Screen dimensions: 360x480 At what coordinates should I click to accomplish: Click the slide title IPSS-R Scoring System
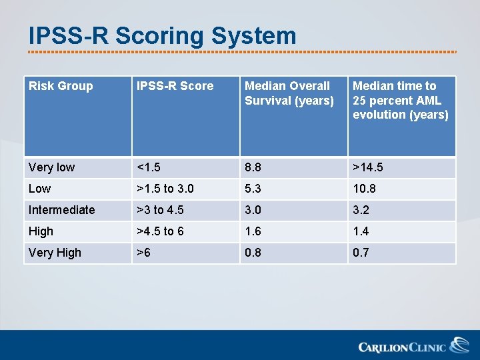coord(162,36)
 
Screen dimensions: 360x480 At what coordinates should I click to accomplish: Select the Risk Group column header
coord(61,86)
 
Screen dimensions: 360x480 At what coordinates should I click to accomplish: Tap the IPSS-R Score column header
coord(175,86)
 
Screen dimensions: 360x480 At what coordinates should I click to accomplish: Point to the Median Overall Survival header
coord(289,93)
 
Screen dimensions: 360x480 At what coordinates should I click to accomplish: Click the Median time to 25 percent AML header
coord(400,100)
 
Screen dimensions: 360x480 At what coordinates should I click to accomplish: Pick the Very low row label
coord(51,167)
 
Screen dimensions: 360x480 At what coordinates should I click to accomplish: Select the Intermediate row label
coord(61,210)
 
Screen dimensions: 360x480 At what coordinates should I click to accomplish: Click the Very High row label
coord(55,253)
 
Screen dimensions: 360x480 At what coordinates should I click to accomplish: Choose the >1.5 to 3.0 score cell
coord(165,189)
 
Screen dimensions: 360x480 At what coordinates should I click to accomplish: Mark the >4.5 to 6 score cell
coord(160,231)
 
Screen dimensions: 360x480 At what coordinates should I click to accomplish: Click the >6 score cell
coord(144,253)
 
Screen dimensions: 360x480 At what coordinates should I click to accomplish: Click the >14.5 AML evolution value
coord(367,167)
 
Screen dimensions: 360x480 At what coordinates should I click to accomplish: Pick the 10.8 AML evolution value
coord(364,189)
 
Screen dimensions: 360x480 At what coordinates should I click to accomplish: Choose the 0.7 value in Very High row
coord(361,253)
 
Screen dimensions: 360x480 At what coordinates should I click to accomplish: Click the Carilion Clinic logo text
coord(401,347)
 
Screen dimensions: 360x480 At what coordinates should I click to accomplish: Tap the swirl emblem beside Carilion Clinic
coord(459,345)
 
